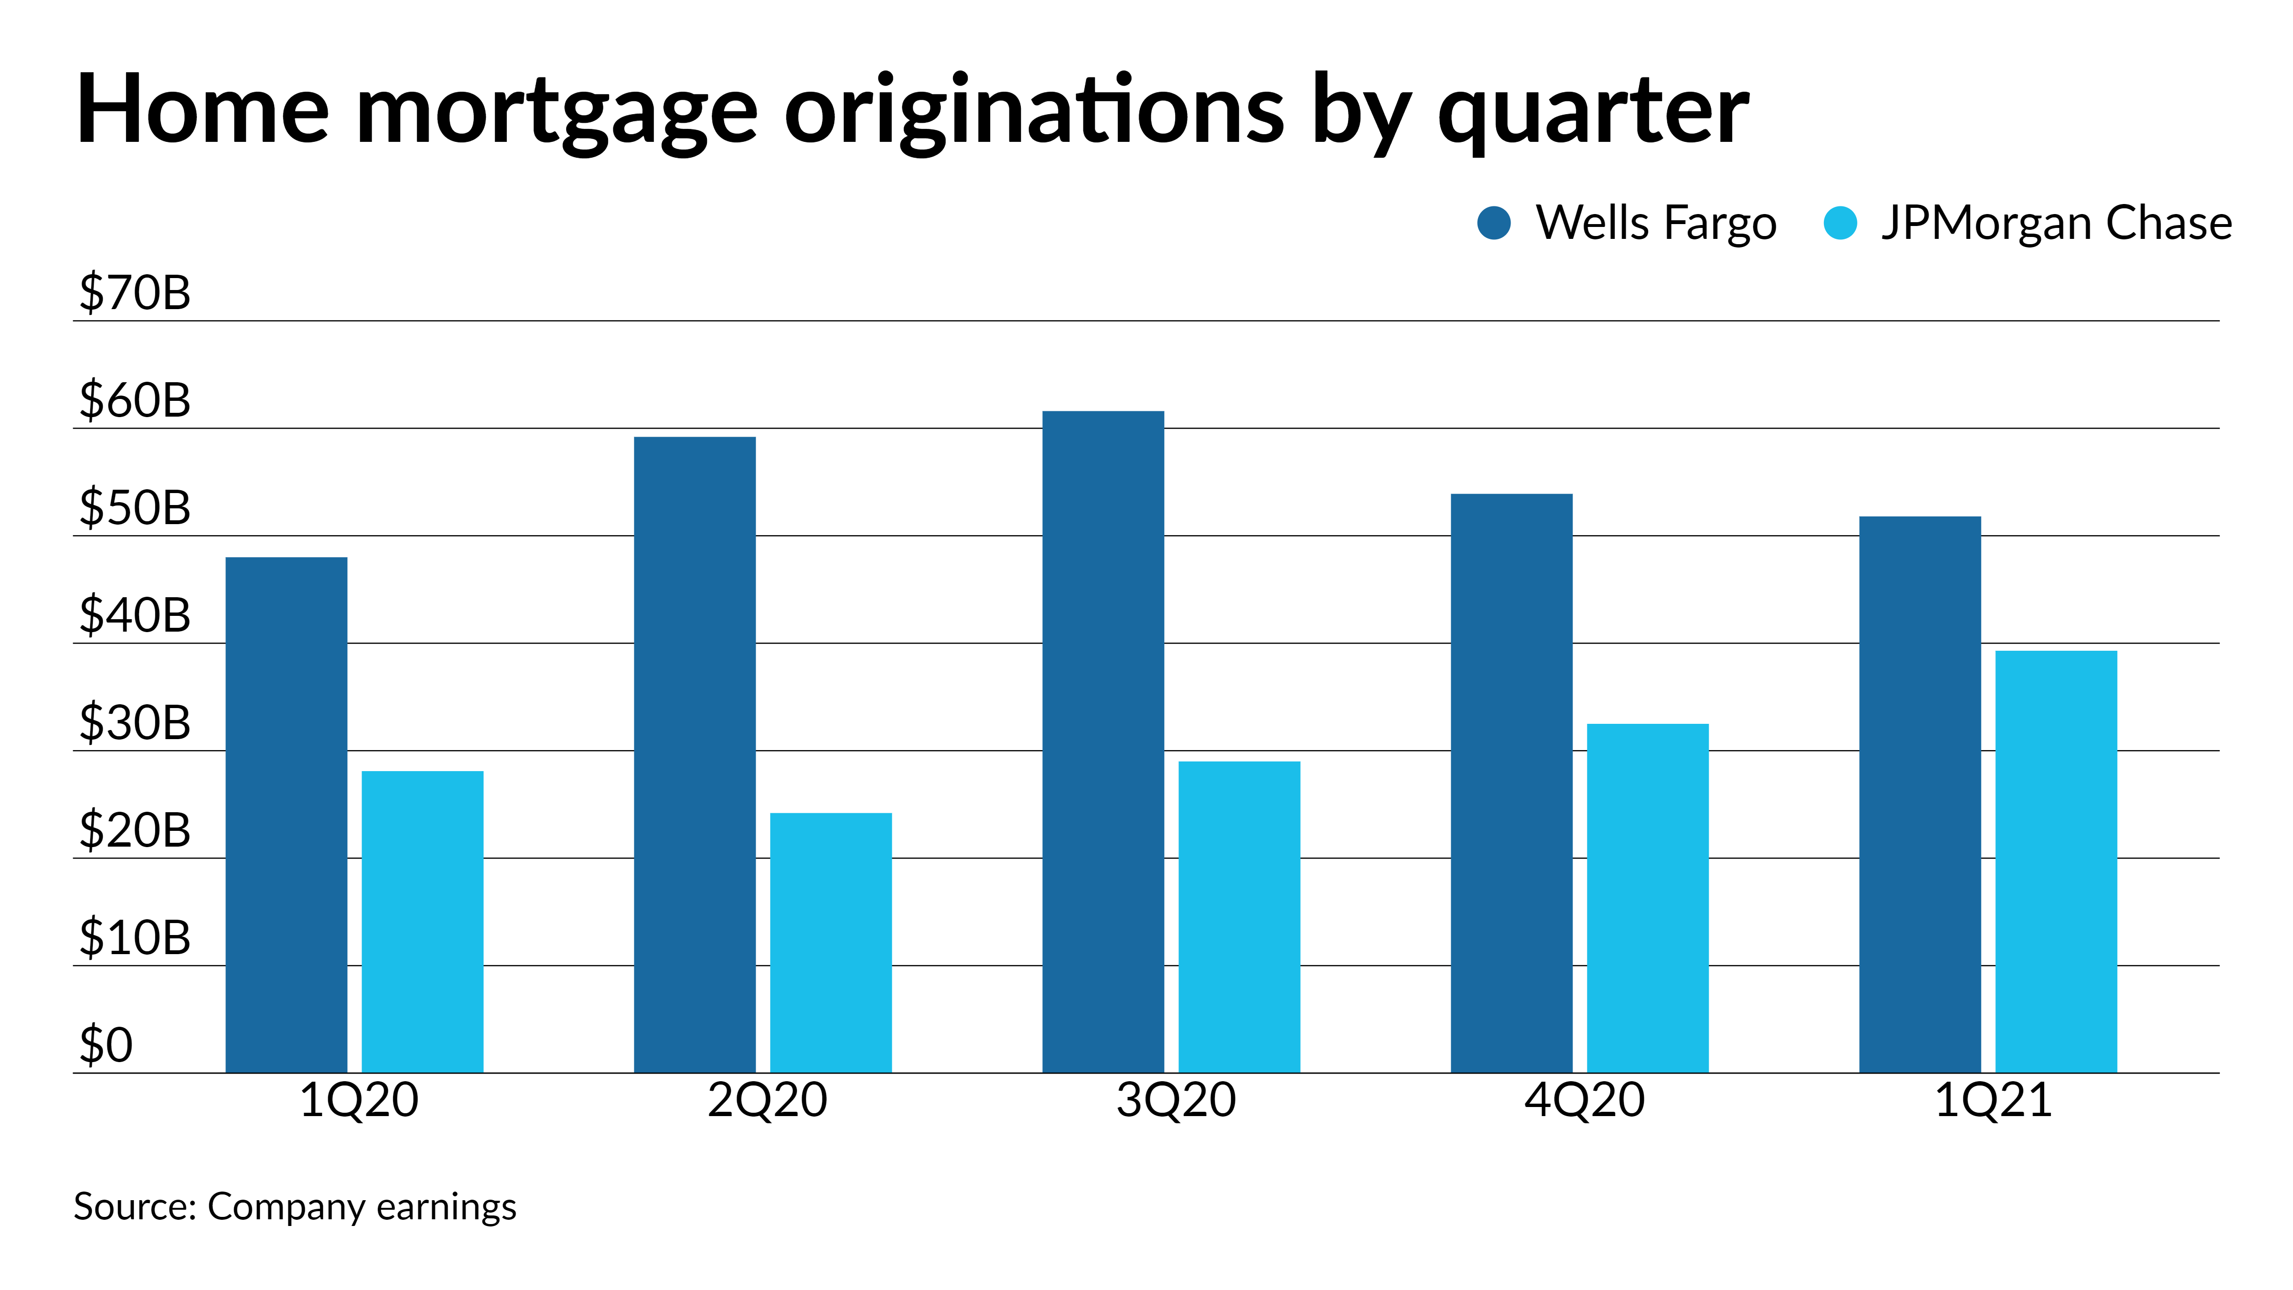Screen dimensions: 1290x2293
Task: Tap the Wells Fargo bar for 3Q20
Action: [1103, 742]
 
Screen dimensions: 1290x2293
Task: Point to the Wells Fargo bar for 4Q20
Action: [1511, 784]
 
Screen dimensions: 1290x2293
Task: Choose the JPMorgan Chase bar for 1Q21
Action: [2056, 862]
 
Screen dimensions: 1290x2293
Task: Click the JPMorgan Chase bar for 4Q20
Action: [1648, 898]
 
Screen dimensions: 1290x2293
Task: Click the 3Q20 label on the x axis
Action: [1176, 1100]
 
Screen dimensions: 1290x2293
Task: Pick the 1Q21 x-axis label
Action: [1993, 1100]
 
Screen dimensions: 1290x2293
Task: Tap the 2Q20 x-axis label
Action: [767, 1100]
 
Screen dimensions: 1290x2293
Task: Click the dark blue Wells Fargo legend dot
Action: [1494, 223]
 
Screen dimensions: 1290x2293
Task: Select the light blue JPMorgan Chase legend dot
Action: [1840, 223]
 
